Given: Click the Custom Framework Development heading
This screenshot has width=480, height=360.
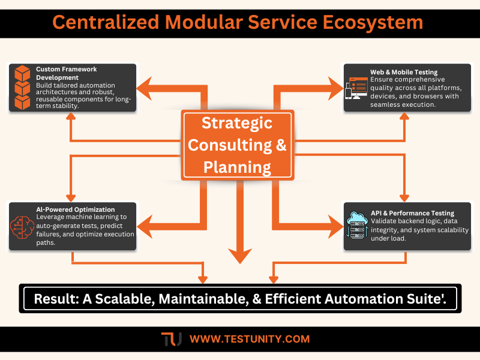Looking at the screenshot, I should coord(66,73).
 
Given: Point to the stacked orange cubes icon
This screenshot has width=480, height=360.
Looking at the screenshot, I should coord(23,88).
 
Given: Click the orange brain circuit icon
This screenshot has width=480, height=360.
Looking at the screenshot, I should coord(23,226).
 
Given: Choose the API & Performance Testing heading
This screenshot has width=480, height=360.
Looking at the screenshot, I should coord(412,213).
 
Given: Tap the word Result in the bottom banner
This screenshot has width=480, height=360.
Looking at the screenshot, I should coord(56,298).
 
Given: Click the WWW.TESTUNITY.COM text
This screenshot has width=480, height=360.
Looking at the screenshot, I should coord(249,339).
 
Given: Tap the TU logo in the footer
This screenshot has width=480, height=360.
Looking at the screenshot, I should coord(172,339).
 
